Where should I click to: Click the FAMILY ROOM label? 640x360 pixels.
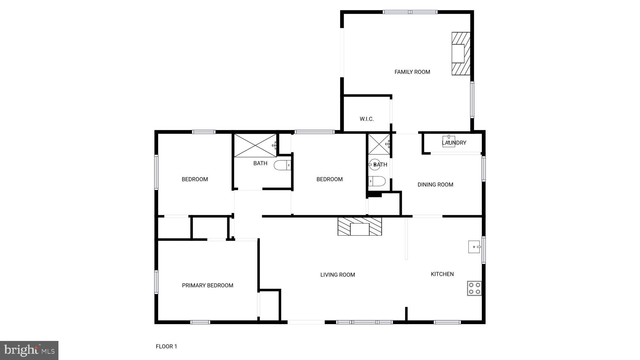click(x=412, y=72)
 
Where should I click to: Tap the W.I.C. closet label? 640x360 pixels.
click(x=367, y=119)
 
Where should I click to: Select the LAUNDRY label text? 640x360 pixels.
click(x=454, y=143)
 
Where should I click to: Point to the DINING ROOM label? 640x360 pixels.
click(x=435, y=185)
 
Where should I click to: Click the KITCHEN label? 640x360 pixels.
click(x=442, y=274)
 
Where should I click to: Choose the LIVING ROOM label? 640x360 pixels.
click(x=337, y=275)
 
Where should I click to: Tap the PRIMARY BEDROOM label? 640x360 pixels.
click(x=207, y=285)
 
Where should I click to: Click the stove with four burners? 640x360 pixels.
click(x=474, y=288)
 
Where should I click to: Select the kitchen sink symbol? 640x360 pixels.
click(x=474, y=247)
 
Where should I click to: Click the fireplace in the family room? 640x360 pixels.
click(x=461, y=54)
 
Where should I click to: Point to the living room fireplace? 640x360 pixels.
click(x=360, y=227)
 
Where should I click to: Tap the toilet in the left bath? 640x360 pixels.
click(x=282, y=165)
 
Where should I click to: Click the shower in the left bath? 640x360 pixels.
click(x=255, y=146)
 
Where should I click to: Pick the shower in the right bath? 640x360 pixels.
click(x=379, y=144)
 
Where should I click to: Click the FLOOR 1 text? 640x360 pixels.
click(x=166, y=346)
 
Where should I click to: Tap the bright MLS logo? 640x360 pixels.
click(x=29, y=350)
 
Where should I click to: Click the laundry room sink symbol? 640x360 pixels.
click(x=448, y=141)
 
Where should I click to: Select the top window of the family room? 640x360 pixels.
click(x=410, y=12)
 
